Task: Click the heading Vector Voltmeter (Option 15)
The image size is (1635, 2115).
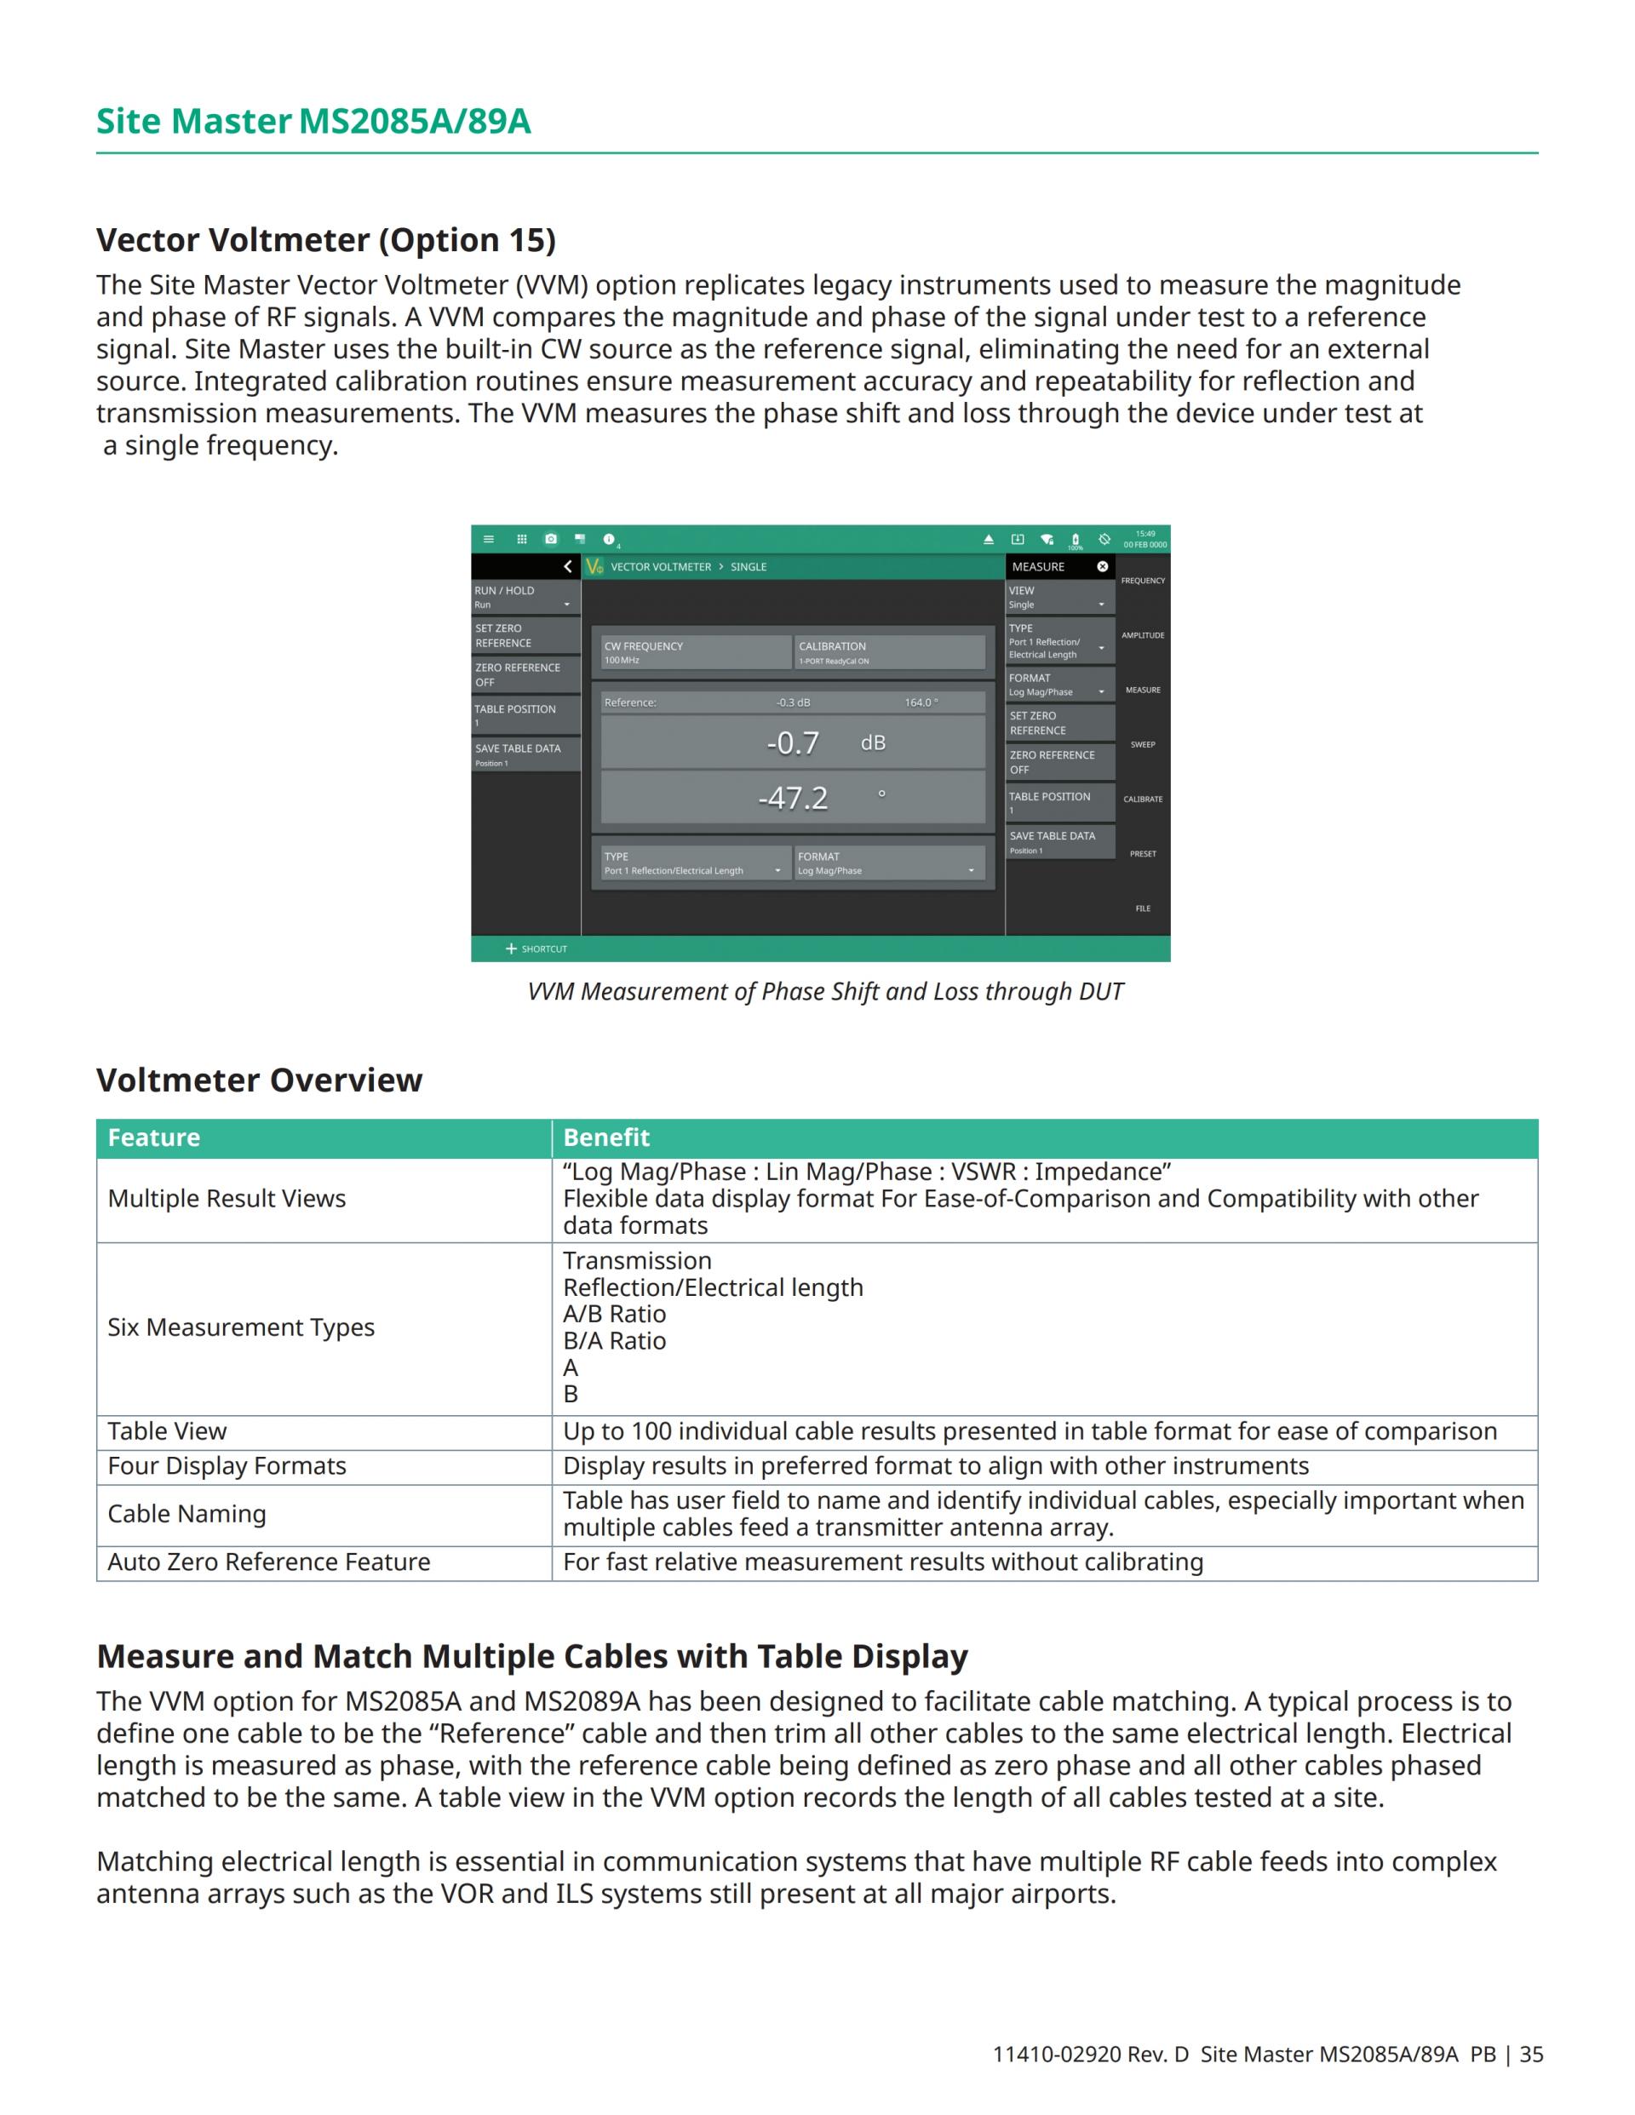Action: [325, 240]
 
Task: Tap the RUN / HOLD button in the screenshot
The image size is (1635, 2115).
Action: [524, 597]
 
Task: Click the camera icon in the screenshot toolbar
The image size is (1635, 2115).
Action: [551, 540]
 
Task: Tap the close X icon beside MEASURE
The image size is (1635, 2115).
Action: [1102, 566]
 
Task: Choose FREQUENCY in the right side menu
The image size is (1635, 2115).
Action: [1143, 581]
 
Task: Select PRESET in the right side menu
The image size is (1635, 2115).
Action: [1143, 854]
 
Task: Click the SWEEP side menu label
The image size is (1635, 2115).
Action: [1143, 745]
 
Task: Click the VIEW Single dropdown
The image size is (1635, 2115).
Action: [1059, 597]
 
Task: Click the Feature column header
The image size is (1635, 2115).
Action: [154, 1138]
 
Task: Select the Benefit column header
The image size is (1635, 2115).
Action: [606, 1138]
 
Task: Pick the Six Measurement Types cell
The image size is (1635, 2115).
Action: [241, 1327]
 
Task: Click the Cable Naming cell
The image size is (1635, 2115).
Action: [187, 1515]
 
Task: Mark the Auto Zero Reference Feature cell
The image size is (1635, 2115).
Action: [269, 1562]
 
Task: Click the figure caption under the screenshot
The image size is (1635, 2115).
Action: [825, 992]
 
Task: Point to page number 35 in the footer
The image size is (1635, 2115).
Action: [1531, 2055]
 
